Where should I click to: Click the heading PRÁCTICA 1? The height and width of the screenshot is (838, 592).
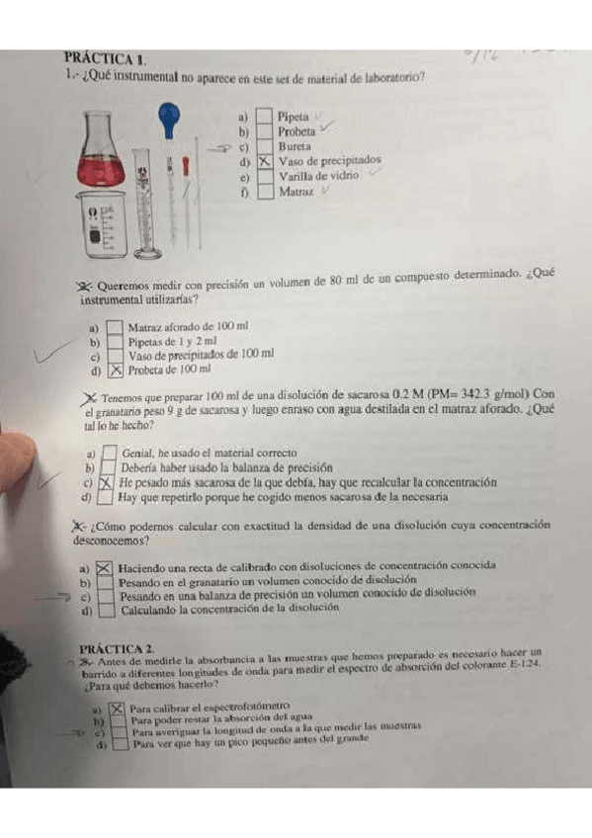point(105,60)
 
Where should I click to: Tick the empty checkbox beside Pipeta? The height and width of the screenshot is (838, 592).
point(265,117)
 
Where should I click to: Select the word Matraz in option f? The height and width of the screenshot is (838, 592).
point(296,193)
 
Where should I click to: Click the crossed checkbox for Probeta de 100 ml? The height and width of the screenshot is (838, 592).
point(116,371)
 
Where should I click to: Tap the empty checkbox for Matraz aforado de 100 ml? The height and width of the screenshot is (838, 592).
point(116,326)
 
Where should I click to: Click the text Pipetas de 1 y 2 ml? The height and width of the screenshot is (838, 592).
point(172,341)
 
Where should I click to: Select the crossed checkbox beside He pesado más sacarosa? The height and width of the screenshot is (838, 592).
point(107,483)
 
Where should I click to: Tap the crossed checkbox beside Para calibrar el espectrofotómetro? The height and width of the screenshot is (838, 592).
point(118,708)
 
